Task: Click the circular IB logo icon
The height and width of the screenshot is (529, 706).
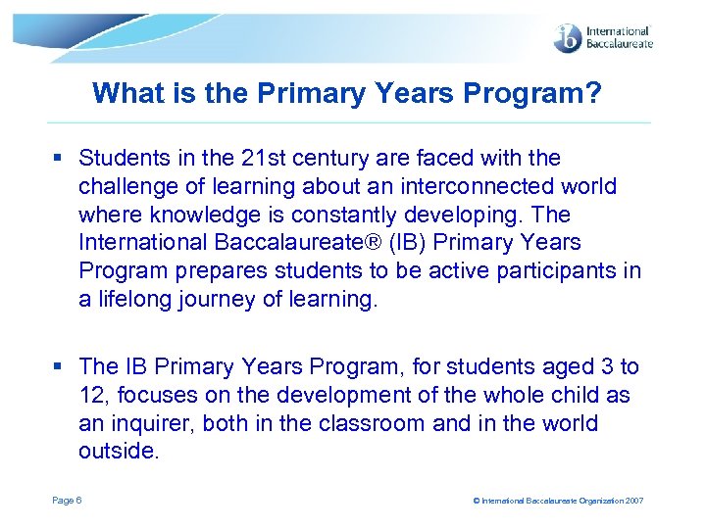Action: (568, 39)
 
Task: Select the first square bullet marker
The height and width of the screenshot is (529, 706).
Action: (59, 159)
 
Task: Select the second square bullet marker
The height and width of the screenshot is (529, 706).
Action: (59, 367)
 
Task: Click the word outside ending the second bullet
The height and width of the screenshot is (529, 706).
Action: (118, 453)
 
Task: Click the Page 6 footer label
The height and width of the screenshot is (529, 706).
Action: (67, 501)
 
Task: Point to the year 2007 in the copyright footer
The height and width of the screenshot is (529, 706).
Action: (634, 502)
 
